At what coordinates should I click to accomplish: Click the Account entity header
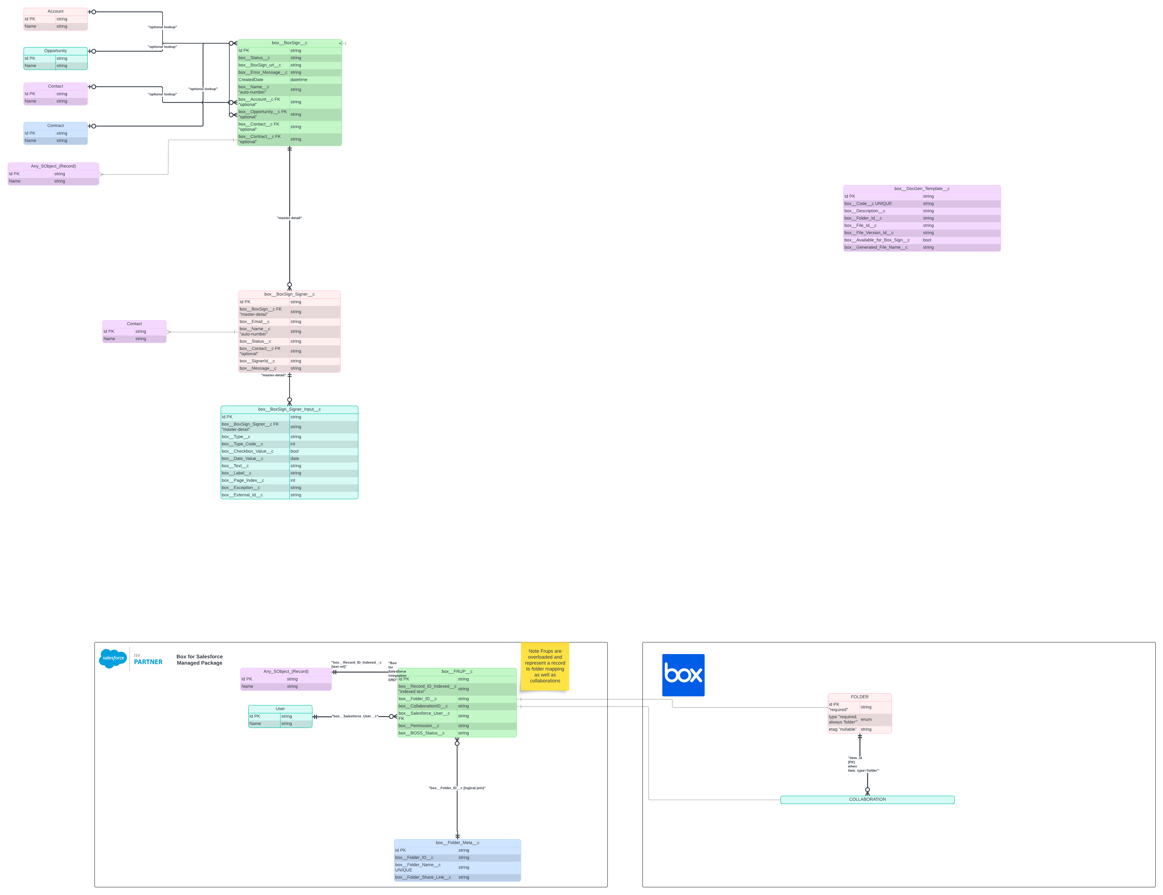coord(55,11)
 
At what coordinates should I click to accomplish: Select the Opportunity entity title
coord(55,51)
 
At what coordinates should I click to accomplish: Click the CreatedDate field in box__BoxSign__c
coord(251,80)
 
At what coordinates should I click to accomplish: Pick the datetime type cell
coord(299,80)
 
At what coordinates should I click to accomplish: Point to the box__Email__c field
coord(254,321)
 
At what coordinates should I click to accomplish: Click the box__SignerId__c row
coord(257,361)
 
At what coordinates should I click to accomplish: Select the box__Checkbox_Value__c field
coord(248,451)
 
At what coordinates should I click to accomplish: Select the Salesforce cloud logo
coord(113,658)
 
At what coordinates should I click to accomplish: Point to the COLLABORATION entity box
coord(867,799)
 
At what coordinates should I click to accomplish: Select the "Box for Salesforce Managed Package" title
coord(200,660)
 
